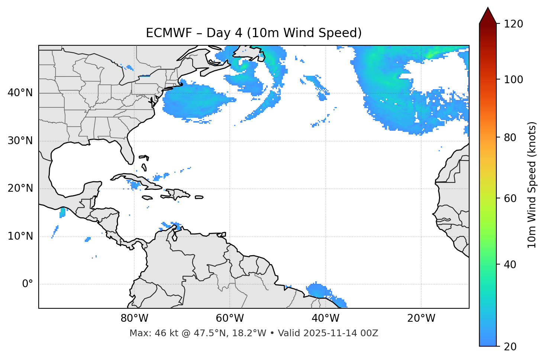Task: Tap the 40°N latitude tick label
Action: pyautogui.click(x=20, y=93)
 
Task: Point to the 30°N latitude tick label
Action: pyautogui.click(x=20, y=141)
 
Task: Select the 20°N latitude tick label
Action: pyautogui.click(x=20, y=188)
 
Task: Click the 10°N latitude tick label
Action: pyautogui.click(x=20, y=236)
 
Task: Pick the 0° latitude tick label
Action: pyautogui.click(x=27, y=284)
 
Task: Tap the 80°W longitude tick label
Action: pyautogui.click(x=134, y=318)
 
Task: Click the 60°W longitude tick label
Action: pyautogui.click(x=230, y=318)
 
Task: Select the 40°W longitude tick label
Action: pyautogui.click(x=326, y=318)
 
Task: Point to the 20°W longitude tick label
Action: pyautogui.click(x=421, y=318)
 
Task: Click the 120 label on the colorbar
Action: pyautogui.click(x=513, y=24)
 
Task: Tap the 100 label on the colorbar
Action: pyautogui.click(x=513, y=80)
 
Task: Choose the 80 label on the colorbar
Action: pyautogui.click(x=511, y=137)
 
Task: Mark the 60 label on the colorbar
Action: pyautogui.click(x=511, y=198)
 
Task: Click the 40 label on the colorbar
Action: pyautogui.click(x=511, y=265)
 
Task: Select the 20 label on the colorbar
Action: pyautogui.click(x=511, y=347)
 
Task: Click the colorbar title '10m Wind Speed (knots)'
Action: pyautogui.click(x=532, y=185)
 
